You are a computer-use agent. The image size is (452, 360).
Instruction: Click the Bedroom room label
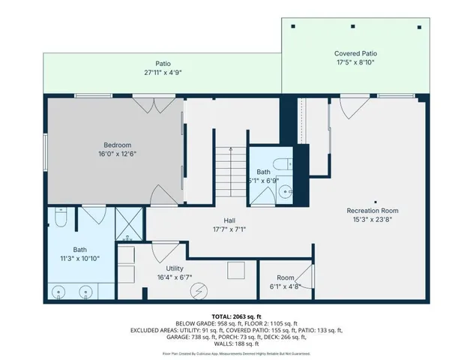coord(118,145)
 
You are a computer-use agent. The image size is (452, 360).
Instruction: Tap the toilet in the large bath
coord(63,219)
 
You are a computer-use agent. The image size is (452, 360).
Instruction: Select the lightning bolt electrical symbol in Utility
coord(199,290)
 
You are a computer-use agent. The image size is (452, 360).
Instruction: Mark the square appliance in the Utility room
coord(236,270)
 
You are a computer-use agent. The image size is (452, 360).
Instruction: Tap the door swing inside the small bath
coord(262,193)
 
